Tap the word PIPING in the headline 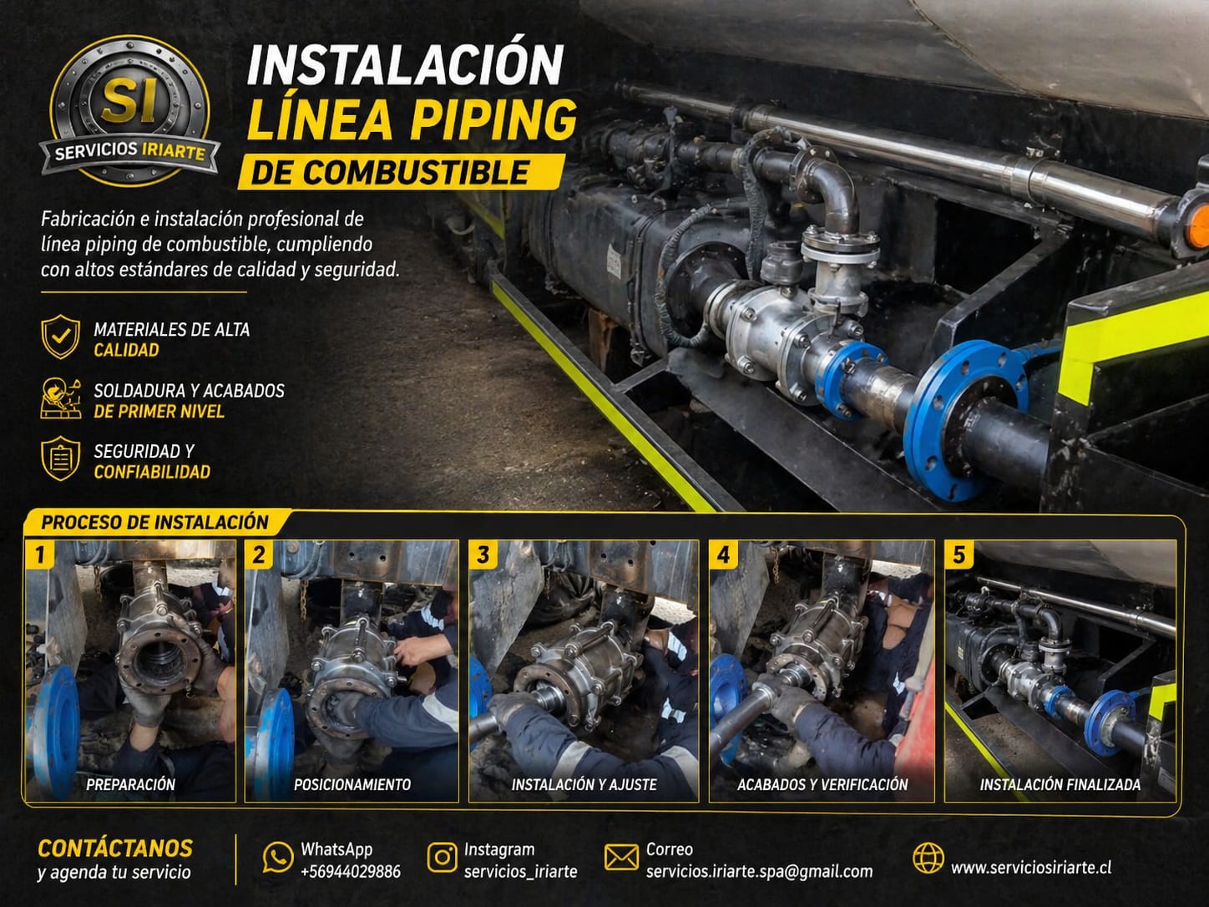tap(494, 120)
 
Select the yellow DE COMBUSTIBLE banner tap(402, 172)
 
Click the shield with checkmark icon tap(61, 337)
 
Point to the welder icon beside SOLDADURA tap(61, 398)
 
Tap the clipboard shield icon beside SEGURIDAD tap(61, 459)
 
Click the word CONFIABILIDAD tap(152, 472)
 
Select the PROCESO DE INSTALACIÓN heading tap(154, 522)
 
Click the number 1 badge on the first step tap(39, 555)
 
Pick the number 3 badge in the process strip tap(483, 555)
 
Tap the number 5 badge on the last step tap(959, 555)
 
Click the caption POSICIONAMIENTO tap(352, 784)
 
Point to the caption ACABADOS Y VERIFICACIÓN tap(822, 784)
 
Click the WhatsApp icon tap(277, 858)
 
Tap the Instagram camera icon tap(442, 858)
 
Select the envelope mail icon tap(621, 858)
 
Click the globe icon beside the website tap(928, 858)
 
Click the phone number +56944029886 tap(351, 872)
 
